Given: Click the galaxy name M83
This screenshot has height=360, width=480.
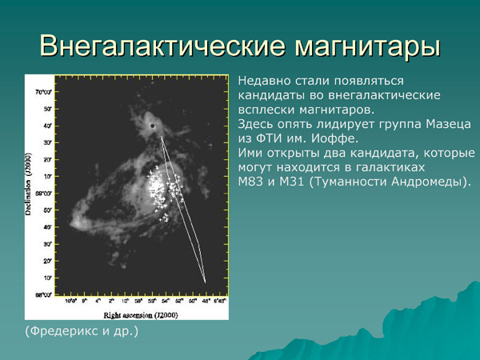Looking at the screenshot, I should click(x=254, y=182).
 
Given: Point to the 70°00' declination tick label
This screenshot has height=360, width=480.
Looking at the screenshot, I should click(x=46, y=92).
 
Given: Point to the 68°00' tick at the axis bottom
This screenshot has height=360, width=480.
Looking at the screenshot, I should click(x=46, y=294).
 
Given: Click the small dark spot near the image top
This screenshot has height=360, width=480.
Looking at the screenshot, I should click(x=151, y=126).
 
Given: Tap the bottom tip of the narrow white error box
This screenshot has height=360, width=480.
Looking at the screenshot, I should click(x=205, y=282).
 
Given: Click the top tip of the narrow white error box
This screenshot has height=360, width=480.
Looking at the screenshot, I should click(x=162, y=137).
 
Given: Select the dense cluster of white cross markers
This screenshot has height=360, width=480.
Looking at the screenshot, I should click(x=164, y=188).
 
